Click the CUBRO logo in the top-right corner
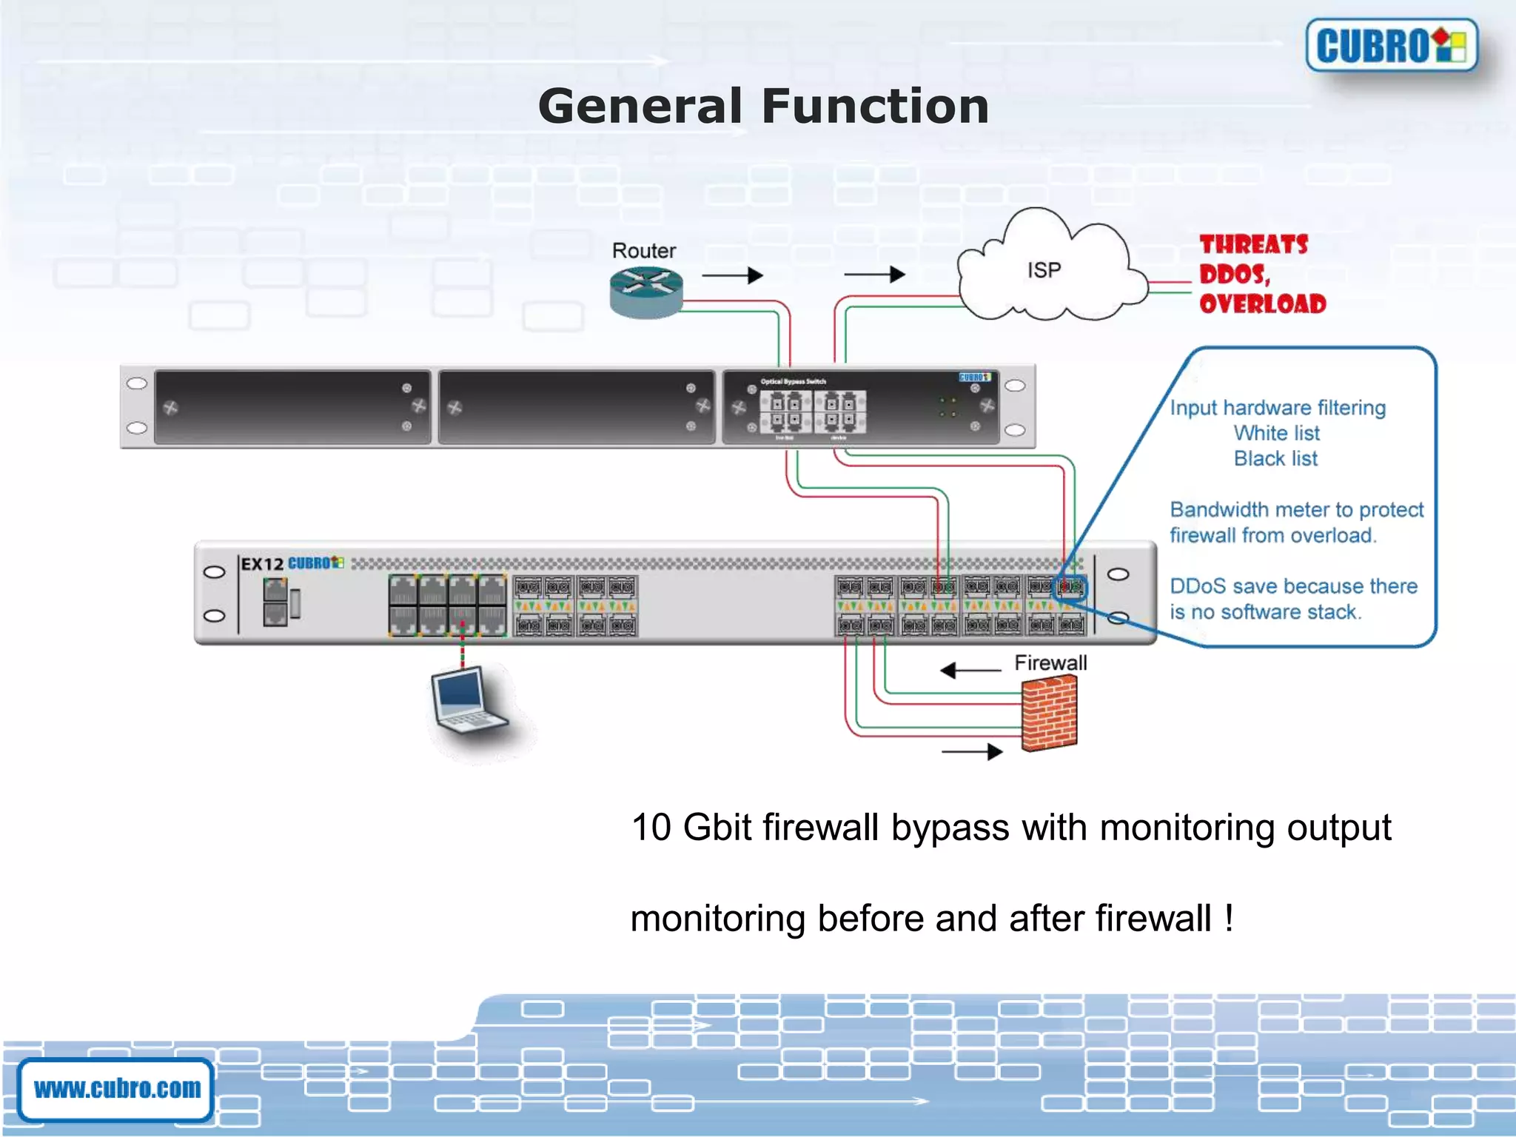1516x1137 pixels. pyautogui.click(x=1391, y=45)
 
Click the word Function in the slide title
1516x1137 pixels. pyautogui.click(x=875, y=106)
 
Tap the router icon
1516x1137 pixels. pyautogui.click(x=645, y=292)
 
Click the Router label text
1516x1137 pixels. pyautogui.click(x=643, y=251)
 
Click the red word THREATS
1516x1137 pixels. pyautogui.click(x=1253, y=244)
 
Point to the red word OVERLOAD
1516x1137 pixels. pyautogui.click(x=1262, y=303)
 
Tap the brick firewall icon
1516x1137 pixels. pyautogui.click(x=1048, y=714)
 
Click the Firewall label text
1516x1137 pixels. pyautogui.click(x=1050, y=663)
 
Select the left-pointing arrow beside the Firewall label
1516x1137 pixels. pyautogui.click(x=970, y=671)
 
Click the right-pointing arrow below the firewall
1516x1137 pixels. pyautogui.click(x=972, y=752)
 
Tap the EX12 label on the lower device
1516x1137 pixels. pyautogui.click(x=262, y=564)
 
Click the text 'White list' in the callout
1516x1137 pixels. pyautogui.click(x=1276, y=433)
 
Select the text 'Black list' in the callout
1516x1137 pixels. pyautogui.click(x=1275, y=459)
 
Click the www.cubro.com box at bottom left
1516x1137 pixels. pyautogui.click(x=116, y=1089)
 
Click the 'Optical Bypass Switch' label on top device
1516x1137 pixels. pyautogui.click(x=793, y=382)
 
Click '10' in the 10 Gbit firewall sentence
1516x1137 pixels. pyautogui.click(x=651, y=828)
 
